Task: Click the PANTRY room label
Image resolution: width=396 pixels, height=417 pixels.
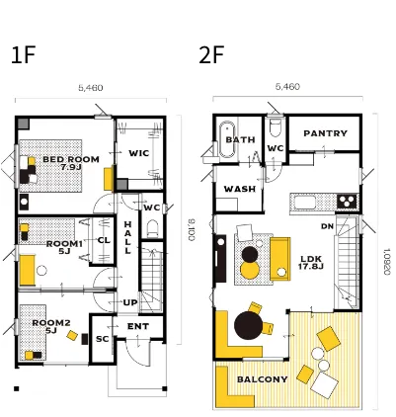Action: tap(325, 133)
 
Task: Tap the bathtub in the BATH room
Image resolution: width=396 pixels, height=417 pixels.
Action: tap(227, 139)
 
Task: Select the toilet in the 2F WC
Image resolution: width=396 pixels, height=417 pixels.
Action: tap(275, 127)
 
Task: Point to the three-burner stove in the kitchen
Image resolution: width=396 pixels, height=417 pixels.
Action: tap(347, 201)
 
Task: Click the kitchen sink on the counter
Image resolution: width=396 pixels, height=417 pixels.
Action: tap(305, 203)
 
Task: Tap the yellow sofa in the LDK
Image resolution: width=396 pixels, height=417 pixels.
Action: tap(280, 259)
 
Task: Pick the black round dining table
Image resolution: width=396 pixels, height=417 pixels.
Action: tap(249, 325)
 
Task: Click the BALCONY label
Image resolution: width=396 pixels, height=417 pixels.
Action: tap(263, 379)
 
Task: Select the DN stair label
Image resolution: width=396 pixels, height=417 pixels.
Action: tap(327, 226)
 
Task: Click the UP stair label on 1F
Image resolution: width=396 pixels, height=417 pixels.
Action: tap(130, 302)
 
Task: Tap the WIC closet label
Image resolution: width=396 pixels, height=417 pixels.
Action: tap(138, 153)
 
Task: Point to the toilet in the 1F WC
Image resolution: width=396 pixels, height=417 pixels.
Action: tap(152, 228)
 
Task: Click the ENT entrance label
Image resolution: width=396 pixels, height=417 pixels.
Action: tap(138, 326)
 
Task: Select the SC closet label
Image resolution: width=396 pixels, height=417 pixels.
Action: tap(102, 339)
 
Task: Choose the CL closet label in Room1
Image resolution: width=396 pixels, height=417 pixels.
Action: tap(104, 240)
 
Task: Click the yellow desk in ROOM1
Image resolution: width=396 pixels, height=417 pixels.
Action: tap(28, 270)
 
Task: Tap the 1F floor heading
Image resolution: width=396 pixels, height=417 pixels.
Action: tap(23, 55)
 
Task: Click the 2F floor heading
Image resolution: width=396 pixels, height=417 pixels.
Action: tap(211, 55)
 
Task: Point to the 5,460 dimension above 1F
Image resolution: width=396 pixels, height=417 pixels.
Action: tap(91, 88)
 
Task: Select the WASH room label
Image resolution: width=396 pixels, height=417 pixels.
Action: tap(240, 189)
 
